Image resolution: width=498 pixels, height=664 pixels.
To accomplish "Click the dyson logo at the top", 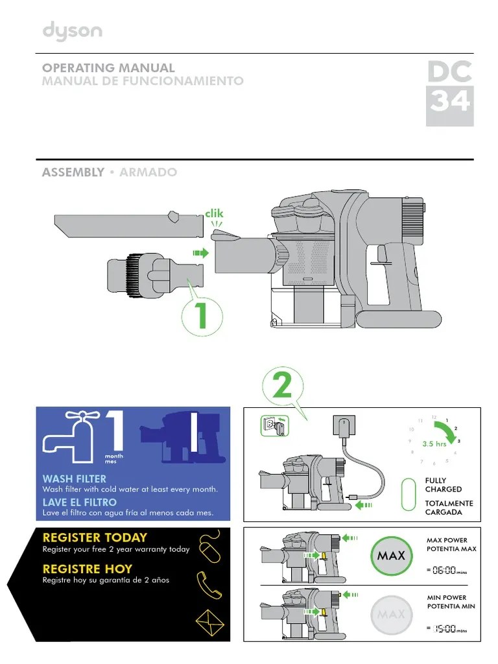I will pyautogui.click(x=72, y=31).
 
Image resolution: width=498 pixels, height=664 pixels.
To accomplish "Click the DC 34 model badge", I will pyautogui.click(x=449, y=91).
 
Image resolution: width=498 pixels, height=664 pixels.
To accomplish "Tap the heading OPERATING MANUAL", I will pyautogui.click(x=108, y=67).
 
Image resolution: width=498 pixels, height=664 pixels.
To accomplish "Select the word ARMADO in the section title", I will pyautogui.click(x=148, y=172).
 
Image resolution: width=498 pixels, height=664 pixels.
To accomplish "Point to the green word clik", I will pyautogui.click(x=213, y=213).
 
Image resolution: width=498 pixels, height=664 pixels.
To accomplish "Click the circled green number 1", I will pyautogui.click(x=202, y=315).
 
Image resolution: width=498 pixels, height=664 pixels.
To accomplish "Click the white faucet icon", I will pyautogui.click(x=68, y=434).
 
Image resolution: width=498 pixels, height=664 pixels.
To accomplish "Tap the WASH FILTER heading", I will pyautogui.click(x=74, y=479).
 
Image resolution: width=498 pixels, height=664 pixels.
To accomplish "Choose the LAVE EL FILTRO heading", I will pyautogui.click(x=79, y=502).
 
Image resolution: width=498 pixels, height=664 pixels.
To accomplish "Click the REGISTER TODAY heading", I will pyautogui.click(x=95, y=538).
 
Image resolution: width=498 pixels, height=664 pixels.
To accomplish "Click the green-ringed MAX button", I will pyautogui.click(x=390, y=556).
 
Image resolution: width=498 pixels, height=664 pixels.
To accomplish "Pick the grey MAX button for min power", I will pyautogui.click(x=390, y=613).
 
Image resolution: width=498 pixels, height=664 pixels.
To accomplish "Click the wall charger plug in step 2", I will pyautogui.click(x=342, y=427).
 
